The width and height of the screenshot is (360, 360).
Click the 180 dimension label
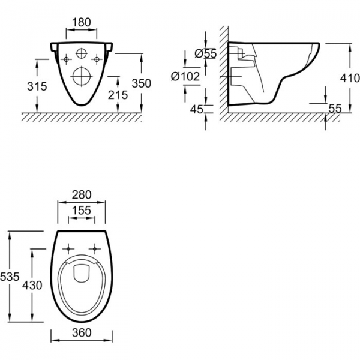82,22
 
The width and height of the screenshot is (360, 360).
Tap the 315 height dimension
37,86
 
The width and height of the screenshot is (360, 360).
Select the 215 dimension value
118,95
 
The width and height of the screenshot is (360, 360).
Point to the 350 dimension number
142,83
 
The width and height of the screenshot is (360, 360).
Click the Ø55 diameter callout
206,53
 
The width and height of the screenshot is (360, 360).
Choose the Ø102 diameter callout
185,76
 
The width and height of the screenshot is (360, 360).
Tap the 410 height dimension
350,78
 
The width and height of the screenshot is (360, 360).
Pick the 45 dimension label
197,109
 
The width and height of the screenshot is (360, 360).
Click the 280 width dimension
82,194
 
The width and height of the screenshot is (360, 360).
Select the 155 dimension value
82,211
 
